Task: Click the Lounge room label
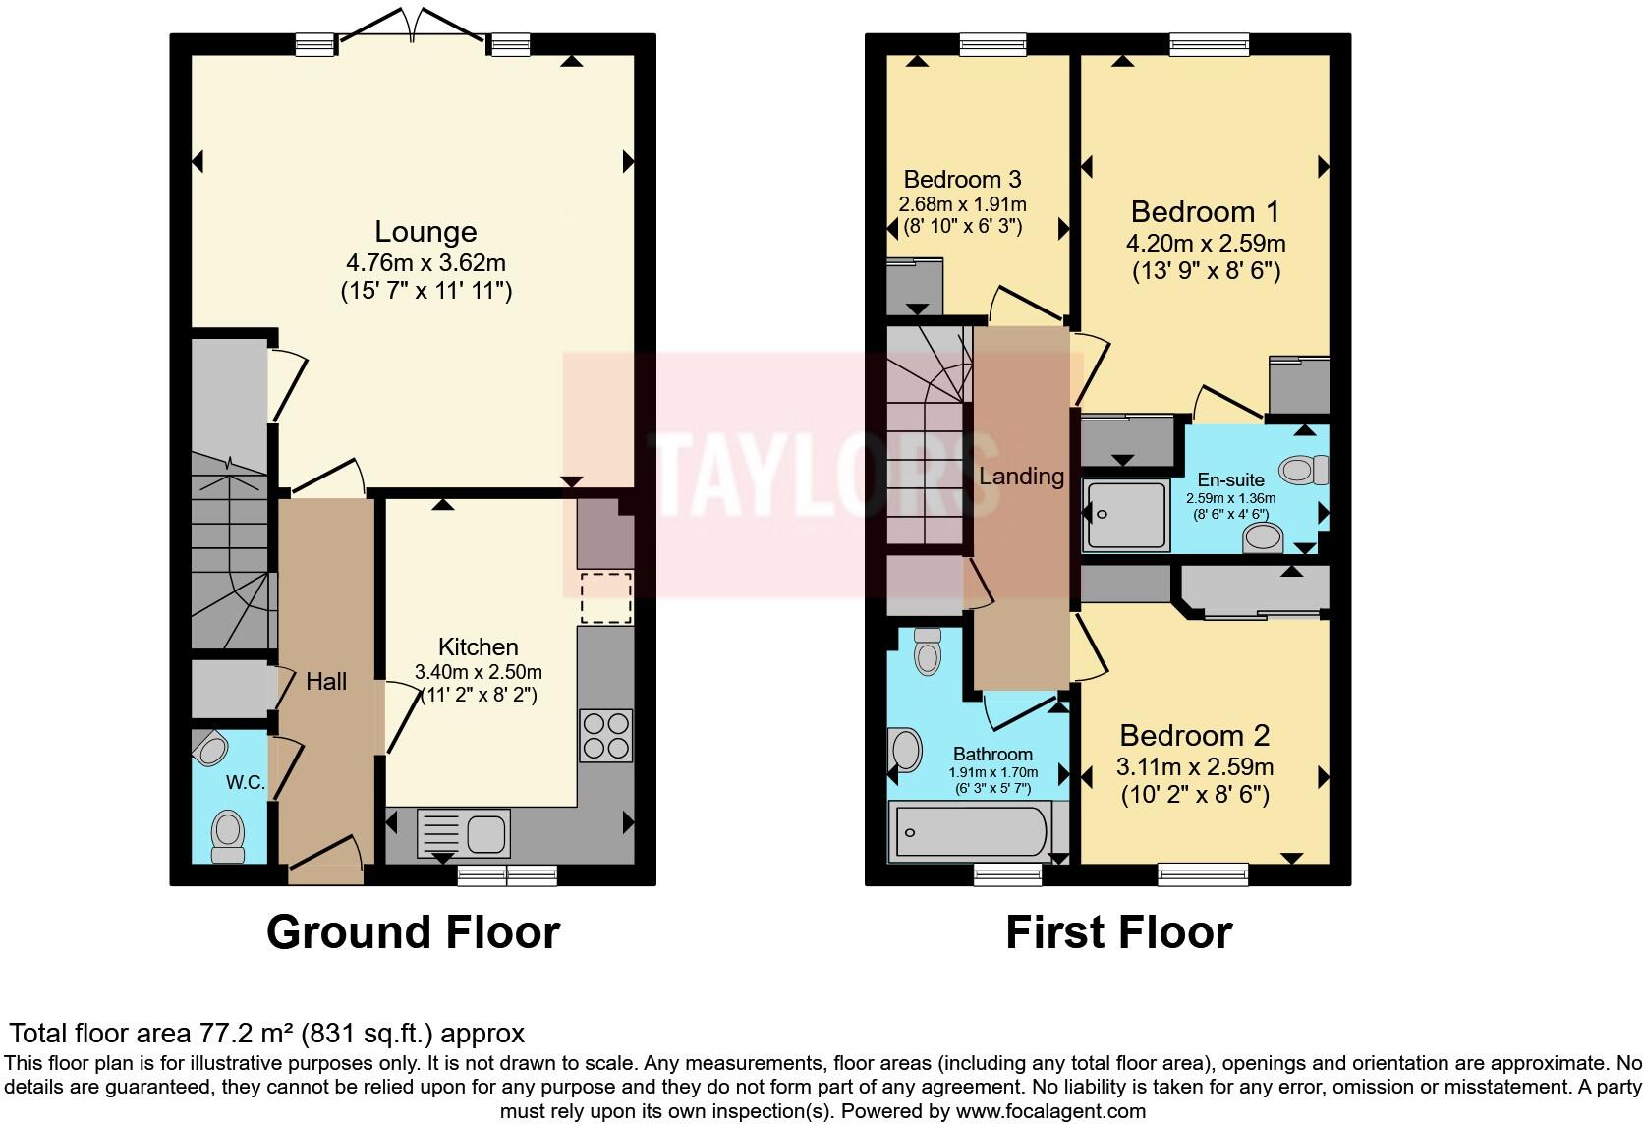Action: [x=425, y=232]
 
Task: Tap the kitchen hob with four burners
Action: [x=605, y=736]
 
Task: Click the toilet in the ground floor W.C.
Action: [x=228, y=833]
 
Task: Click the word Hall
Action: [x=326, y=682]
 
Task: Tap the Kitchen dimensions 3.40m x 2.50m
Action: [x=479, y=673]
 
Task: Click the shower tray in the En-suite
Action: [x=1126, y=514]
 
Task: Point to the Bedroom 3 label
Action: [x=962, y=180]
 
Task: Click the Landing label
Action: [x=1021, y=477]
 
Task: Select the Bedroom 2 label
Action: [x=1194, y=735]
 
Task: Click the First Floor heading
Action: [x=1118, y=931]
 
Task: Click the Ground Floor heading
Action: [x=413, y=931]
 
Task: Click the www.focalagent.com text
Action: [x=1050, y=1112]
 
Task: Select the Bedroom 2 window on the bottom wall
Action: [x=1203, y=872]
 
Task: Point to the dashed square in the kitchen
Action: [x=605, y=597]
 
